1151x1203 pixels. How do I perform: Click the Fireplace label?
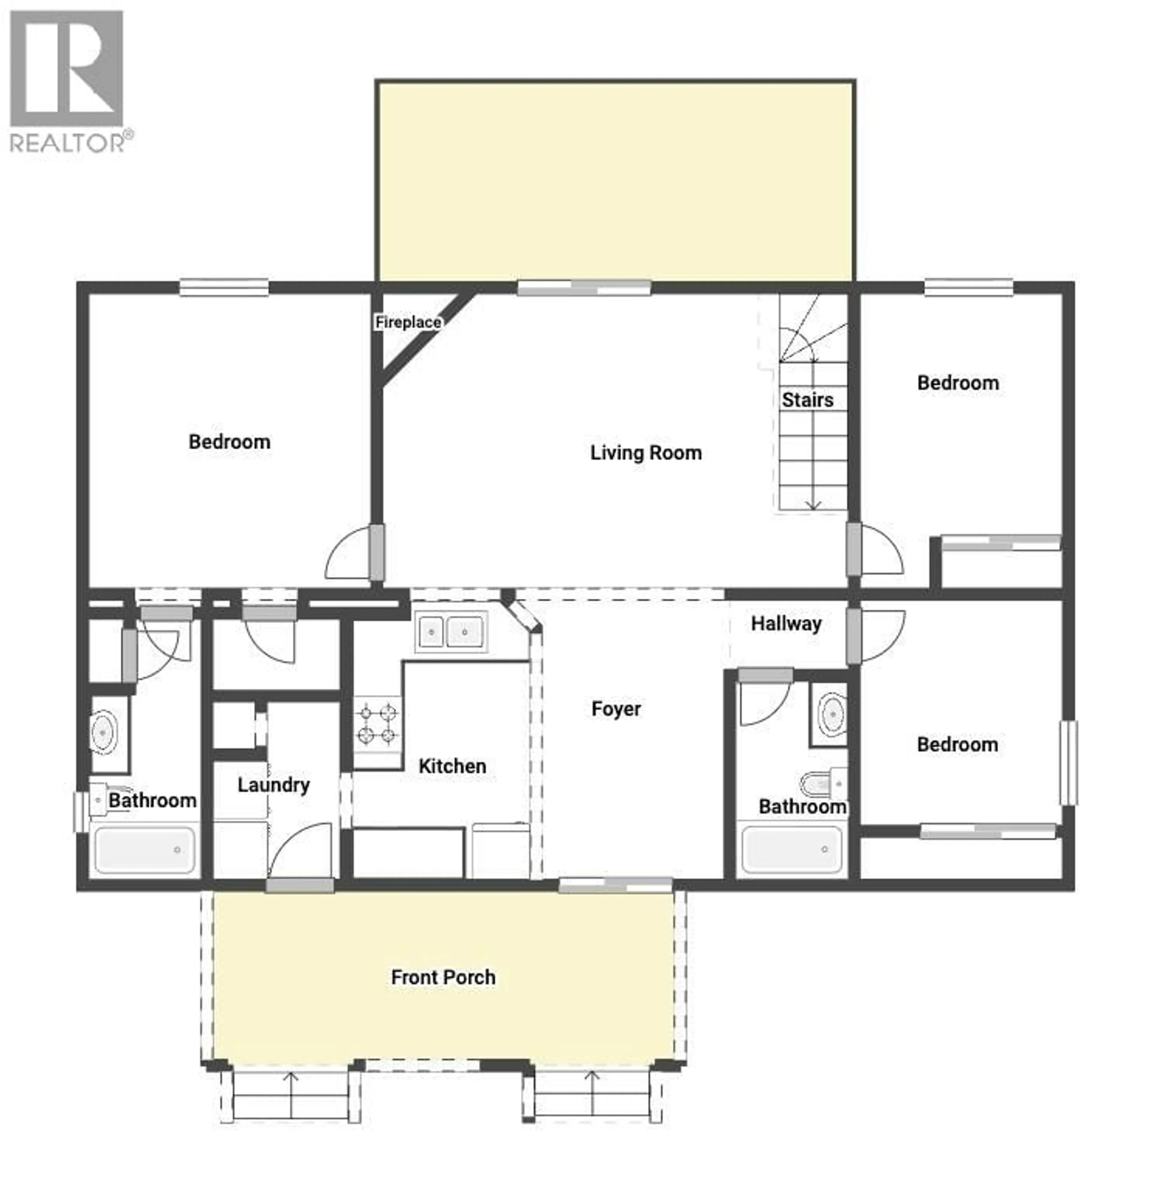coord(408,322)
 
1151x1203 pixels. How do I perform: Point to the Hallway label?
coord(786,624)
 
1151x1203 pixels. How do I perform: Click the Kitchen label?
coord(452,766)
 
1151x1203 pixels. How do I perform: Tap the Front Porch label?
coord(443,977)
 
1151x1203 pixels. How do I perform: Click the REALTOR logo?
coord(67,80)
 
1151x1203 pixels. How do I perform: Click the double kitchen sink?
coord(451,631)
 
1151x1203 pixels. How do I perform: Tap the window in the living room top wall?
coord(584,288)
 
